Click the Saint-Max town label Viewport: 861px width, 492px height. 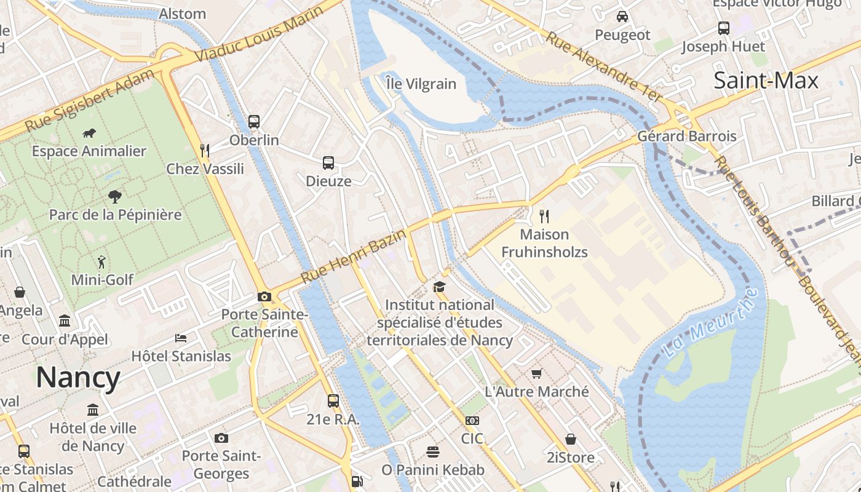(766, 81)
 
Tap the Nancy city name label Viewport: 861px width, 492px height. (78, 377)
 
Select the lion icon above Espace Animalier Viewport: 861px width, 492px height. (89, 133)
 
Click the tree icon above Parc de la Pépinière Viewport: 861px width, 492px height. (114, 197)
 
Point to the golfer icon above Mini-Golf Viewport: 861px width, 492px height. (101, 262)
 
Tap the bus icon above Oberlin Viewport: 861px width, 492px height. (254, 122)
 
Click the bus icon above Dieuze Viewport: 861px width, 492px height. (328, 163)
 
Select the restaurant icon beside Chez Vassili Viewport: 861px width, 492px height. (205, 150)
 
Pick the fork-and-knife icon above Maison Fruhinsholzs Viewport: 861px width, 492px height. (544, 216)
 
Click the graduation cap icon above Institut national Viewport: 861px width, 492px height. (439, 287)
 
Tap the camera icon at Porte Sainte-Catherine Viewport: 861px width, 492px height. (264, 297)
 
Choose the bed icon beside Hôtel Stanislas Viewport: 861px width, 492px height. (181, 338)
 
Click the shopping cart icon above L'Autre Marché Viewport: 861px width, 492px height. (537, 373)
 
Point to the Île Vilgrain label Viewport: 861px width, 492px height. (421, 84)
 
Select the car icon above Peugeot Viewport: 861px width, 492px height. (622, 17)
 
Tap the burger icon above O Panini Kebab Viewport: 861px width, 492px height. (433, 452)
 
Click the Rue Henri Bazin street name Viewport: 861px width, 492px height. (354, 256)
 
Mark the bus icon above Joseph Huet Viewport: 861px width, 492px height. (724, 28)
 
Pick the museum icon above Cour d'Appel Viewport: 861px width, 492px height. (65, 320)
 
